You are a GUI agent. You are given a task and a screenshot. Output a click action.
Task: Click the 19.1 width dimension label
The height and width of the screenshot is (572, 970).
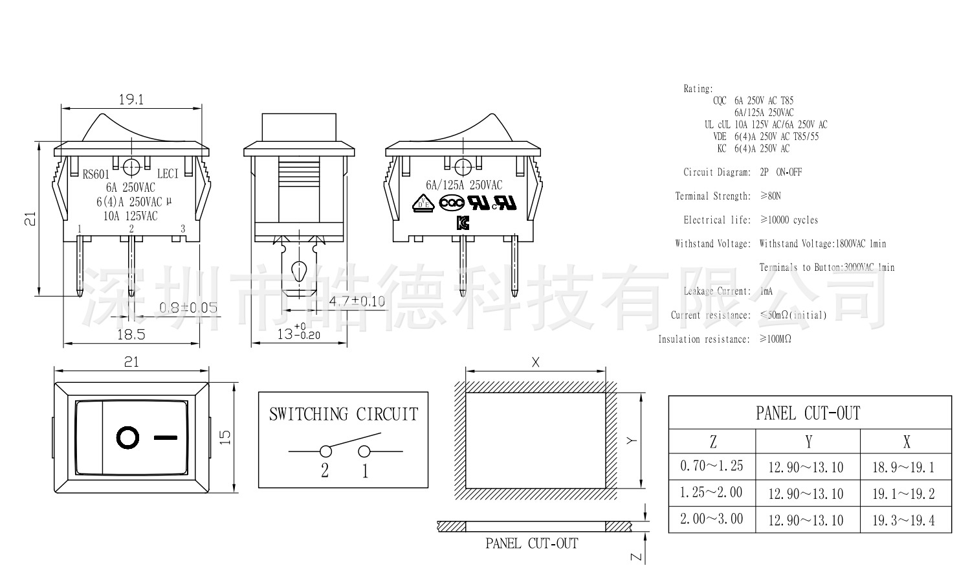coord(131,100)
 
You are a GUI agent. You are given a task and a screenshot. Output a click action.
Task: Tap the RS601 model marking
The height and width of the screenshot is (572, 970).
coord(96,174)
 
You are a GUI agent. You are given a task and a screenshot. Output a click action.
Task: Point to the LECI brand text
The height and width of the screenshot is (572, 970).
coord(168,174)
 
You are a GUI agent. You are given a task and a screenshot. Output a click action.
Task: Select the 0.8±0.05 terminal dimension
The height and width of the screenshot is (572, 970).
coord(188,308)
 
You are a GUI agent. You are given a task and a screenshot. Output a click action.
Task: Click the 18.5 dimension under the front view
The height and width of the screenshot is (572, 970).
coord(131,334)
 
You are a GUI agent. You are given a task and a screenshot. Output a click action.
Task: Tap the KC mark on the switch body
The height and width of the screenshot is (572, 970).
coord(463,223)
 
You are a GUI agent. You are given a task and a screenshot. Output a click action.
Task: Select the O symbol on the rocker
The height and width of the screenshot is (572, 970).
coord(127,438)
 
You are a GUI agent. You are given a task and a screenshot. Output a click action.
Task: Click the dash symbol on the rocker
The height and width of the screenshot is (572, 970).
coord(165,438)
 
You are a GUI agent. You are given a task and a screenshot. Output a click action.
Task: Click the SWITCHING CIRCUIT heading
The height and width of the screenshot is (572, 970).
coord(344,414)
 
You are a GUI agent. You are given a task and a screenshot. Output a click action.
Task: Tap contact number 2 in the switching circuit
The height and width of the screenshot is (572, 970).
coord(325,471)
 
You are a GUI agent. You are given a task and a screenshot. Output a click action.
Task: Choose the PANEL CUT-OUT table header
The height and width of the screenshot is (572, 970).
coord(808,413)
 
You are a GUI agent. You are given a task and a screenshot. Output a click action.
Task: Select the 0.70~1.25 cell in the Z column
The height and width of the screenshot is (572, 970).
coord(712,466)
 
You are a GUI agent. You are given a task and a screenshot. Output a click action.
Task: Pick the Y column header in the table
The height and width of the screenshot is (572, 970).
coord(808,442)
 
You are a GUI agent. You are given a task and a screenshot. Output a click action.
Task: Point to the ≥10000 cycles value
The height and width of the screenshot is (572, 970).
coord(789,220)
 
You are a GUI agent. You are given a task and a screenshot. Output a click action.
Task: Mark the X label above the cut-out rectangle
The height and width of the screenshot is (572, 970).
coord(535,363)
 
